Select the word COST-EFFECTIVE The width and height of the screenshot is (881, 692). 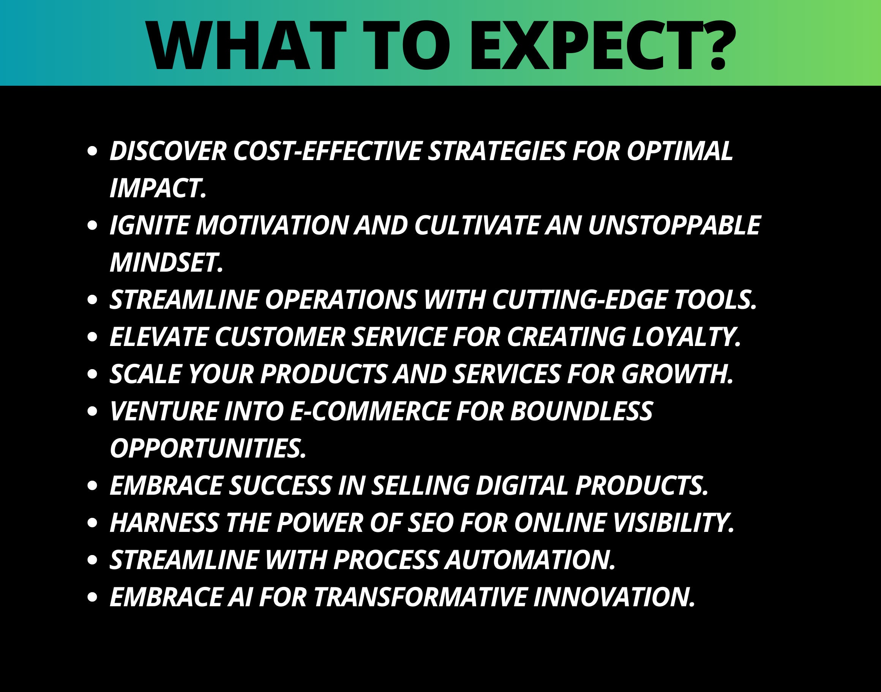(x=327, y=151)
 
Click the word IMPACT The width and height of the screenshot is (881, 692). (x=158, y=189)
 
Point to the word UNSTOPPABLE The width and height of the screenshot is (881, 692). (x=674, y=226)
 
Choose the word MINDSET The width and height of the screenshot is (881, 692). (x=167, y=263)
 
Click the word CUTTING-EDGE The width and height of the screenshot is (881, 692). (x=579, y=300)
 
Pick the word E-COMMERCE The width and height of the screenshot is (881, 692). (x=370, y=411)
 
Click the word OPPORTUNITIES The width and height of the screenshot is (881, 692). (x=208, y=448)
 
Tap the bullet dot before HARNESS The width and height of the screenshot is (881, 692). (x=92, y=523)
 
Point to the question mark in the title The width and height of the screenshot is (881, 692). (x=719, y=46)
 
